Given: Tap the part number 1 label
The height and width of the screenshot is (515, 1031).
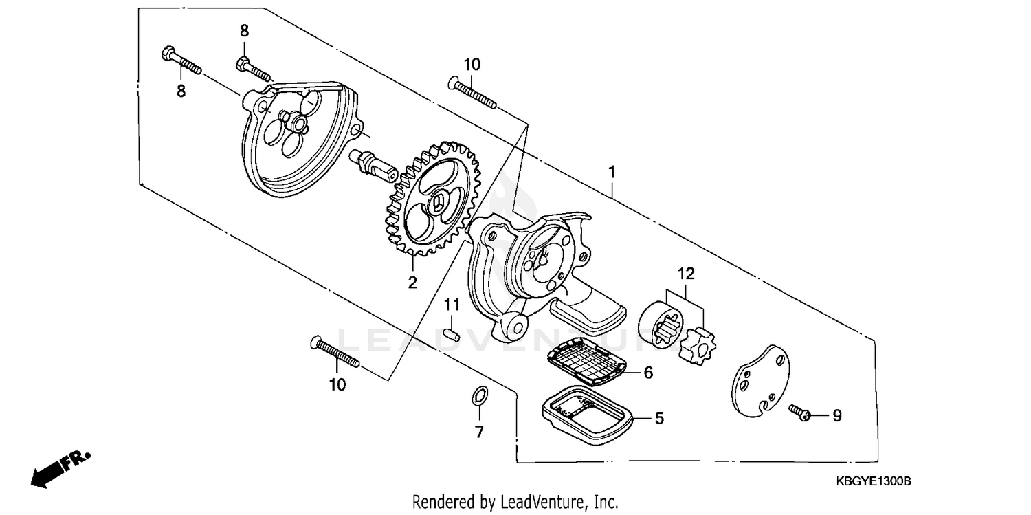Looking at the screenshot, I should (x=612, y=172).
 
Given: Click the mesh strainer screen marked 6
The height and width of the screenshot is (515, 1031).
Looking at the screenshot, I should (x=588, y=362).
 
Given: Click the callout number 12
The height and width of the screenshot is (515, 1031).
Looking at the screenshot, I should (x=686, y=274).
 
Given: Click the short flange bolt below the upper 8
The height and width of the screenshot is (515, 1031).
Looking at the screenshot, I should (x=254, y=69).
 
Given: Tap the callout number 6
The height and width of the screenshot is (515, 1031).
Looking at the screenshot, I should (x=647, y=373).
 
